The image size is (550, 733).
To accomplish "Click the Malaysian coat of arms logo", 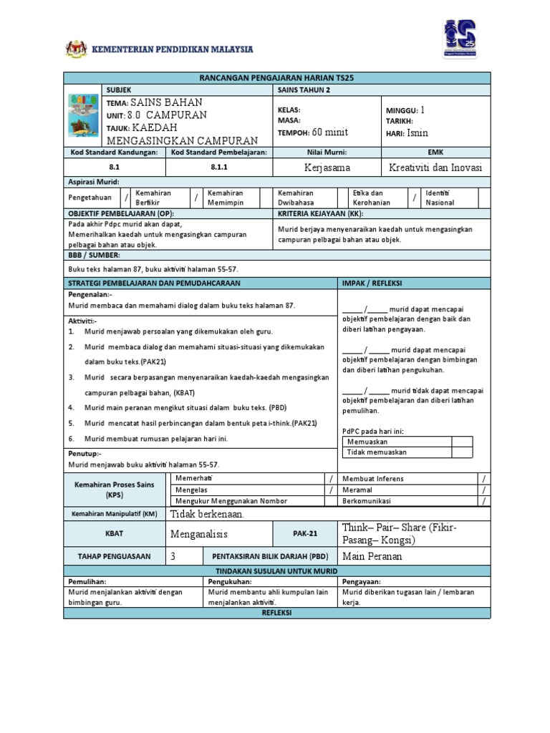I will [73, 49].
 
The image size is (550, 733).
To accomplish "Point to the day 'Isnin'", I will [418, 133].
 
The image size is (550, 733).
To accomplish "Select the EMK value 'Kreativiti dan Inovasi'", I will [435, 167].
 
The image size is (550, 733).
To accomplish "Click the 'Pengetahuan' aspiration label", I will [90, 198].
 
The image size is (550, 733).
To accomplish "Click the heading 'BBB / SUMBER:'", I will [94, 255].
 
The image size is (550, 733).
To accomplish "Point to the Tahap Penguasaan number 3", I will [173, 556].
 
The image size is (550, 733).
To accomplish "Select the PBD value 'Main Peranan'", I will [372, 556].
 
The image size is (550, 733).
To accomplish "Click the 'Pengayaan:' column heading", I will [362, 582].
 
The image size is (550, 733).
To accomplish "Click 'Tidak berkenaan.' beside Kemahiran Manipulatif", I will [207, 514].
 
